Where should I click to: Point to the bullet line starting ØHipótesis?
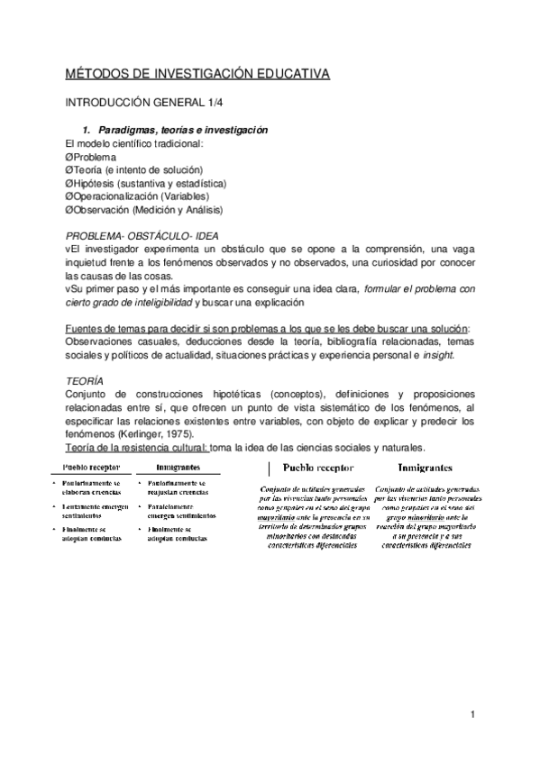point(145,183)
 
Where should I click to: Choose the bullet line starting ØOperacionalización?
point(150,196)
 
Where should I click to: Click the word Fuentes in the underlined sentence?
point(86,304)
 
